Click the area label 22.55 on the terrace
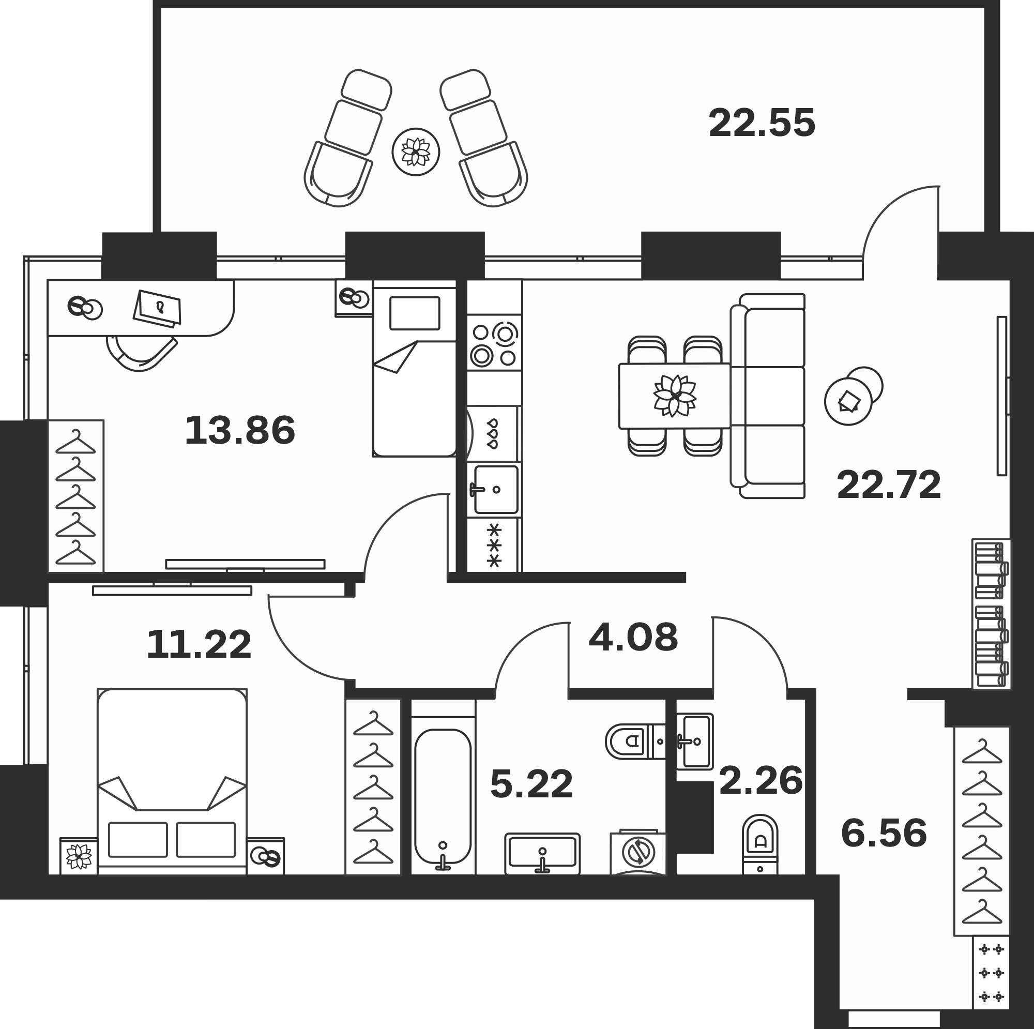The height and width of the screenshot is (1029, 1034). click(x=762, y=123)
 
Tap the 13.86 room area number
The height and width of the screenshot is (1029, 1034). click(x=240, y=430)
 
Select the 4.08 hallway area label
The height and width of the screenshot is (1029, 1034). click(x=633, y=637)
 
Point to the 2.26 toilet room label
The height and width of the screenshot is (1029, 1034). click(x=761, y=781)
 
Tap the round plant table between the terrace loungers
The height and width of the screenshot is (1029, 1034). click(x=416, y=152)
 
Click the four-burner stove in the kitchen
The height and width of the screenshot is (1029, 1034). click(x=494, y=343)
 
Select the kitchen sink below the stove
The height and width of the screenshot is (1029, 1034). click(x=495, y=489)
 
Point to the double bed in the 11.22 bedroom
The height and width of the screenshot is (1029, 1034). click(x=172, y=782)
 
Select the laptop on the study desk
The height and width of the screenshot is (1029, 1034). click(x=157, y=308)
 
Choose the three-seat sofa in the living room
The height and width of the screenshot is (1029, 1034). click(x=767, y=396)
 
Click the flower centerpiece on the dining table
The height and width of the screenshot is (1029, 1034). click(x=674, y=396)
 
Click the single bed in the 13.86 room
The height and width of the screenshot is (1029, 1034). click(x=414, y=372)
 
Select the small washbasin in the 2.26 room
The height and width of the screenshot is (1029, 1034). click(x=694, y=742)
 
